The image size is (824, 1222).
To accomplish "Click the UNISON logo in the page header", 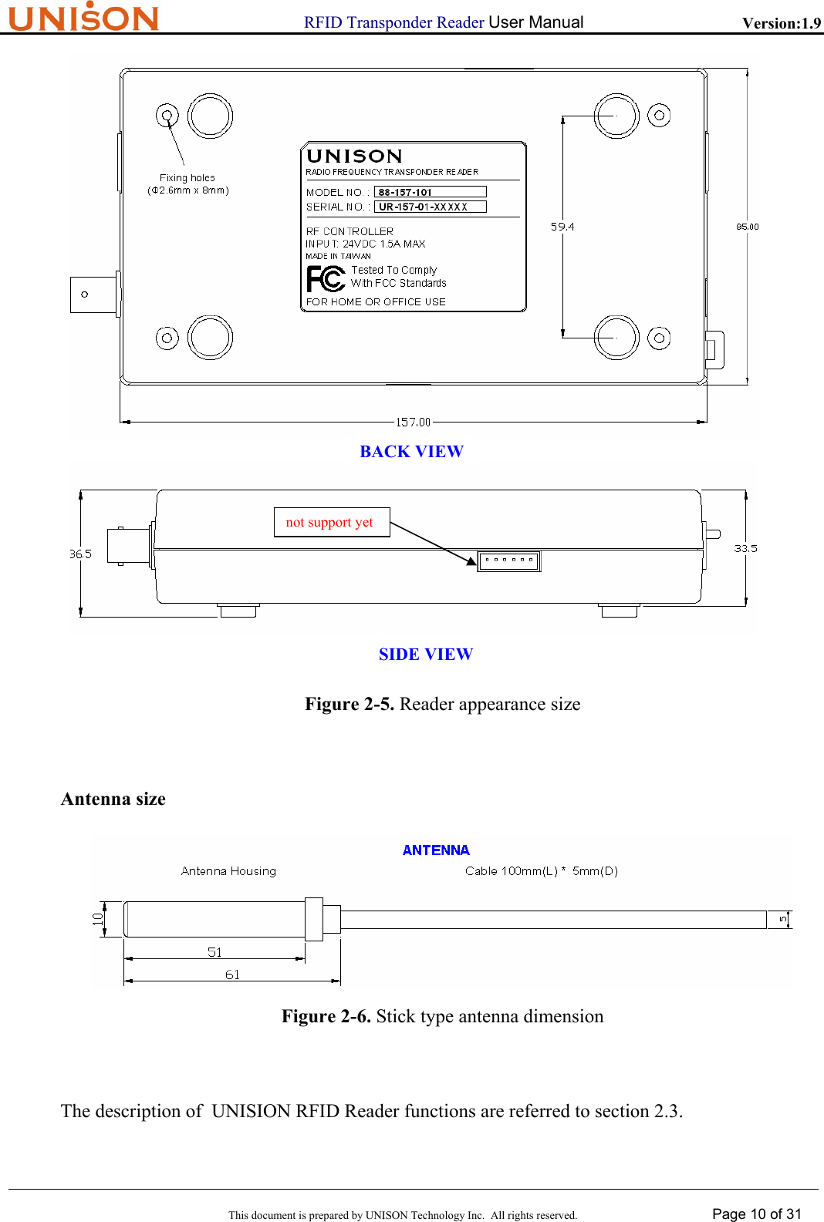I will pos(83,17).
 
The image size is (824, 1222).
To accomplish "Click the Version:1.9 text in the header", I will pos(781,23).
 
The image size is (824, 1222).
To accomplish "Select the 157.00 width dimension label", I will pos(413,422).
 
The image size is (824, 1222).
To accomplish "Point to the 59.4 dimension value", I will pos(562,227).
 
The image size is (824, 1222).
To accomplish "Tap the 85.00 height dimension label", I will pos(747,227).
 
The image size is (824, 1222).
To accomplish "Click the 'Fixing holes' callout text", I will pos(187,178).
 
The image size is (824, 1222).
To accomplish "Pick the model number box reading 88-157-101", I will pos(430,192).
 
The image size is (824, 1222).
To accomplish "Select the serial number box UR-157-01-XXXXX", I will pos(430,207).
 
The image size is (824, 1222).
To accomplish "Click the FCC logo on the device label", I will pos(326,278).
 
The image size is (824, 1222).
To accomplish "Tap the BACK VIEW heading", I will pos(411,452).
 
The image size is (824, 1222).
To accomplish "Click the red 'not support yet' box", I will pos(331,522).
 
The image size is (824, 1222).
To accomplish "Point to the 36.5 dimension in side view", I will pos(80,554).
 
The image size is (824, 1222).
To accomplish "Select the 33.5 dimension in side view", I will pos(745,548).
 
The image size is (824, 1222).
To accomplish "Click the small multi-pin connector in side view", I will pos(508,561).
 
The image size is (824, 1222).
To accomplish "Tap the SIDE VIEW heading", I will pos(425,655).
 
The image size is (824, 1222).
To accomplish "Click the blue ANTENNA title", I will pos(436,850).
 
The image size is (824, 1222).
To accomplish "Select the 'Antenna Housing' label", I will pos(228,871).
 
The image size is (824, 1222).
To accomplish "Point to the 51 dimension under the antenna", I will pos(214,952).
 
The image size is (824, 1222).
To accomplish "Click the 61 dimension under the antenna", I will pos(232,975).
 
